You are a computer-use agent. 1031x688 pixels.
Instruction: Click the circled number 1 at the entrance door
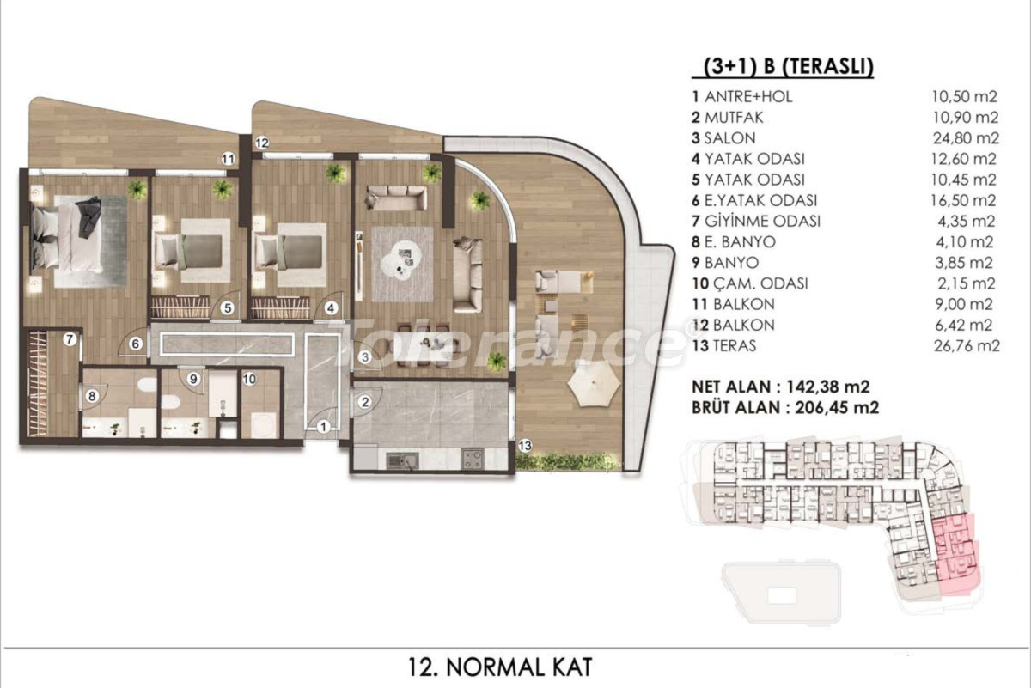[324, 427]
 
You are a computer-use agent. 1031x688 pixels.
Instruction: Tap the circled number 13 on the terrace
[525, 446]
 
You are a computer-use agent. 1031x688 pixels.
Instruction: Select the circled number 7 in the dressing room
[70, 339]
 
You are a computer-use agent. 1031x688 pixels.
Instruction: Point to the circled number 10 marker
[249, 379]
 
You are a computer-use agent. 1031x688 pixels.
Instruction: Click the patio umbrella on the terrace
[594, 387]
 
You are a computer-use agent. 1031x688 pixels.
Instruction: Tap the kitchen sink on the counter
[402, 460]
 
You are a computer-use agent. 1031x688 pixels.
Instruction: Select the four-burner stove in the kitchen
[473, 459]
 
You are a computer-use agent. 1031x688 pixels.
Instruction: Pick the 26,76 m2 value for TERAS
[967, 345]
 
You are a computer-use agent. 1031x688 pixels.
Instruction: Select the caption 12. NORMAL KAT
[500, 667]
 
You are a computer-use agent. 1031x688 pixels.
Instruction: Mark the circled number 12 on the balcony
[261, 143]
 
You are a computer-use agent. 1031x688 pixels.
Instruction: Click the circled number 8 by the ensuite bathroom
[92, 396]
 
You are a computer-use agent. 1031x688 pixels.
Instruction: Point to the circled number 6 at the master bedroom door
[136, 344]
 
